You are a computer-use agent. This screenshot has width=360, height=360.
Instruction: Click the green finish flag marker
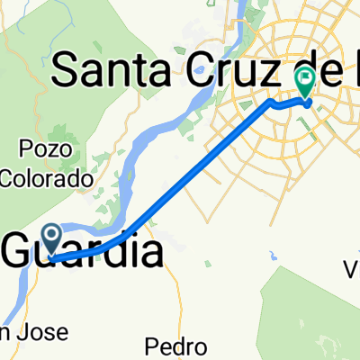point(305,84)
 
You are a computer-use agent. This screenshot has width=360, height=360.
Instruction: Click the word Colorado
point(49,179)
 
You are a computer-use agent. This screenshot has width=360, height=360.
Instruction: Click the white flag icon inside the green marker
point(305,79)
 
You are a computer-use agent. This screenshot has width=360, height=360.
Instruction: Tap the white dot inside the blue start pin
point(52,236)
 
